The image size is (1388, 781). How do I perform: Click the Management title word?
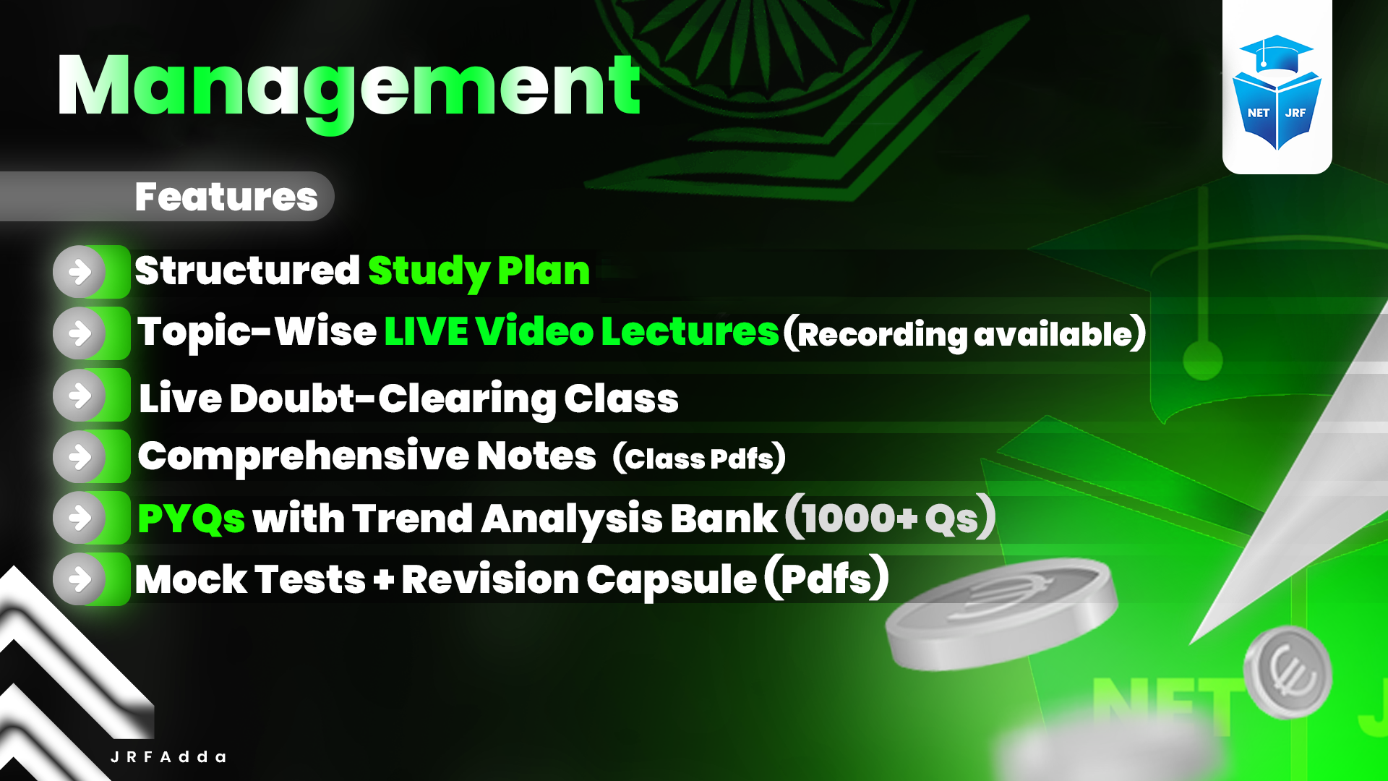tap(348, 87)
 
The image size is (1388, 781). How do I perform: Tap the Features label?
tap(226, 197)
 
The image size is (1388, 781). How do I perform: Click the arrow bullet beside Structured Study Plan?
tap(80, 272)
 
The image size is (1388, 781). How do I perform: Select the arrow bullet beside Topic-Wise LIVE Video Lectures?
tap(80, 333)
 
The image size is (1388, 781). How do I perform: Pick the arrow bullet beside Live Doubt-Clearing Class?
tap(80, 395)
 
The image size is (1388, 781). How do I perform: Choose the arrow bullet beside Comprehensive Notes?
tap(80, 456)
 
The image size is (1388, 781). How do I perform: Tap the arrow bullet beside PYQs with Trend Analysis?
tap(80, 518)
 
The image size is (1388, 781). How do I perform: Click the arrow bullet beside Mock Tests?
tap(80, 579)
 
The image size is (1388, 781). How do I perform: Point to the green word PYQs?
tap(192, 518)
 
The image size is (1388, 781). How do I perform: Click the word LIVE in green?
tap(426, 332)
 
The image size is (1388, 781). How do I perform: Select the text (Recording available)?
tap(964, 333)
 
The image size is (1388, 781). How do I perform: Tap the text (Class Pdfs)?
tap(699, 458)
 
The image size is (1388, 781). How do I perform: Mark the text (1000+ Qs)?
tap(891, 518)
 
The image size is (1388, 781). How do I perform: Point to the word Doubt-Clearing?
tap(393, 398)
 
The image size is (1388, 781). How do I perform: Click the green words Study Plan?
tap(479, 271)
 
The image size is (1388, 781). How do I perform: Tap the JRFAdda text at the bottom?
tap(168, 757)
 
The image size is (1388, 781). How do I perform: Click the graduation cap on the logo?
tap(1276, 53)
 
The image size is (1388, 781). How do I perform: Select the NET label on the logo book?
tap(1258, 113)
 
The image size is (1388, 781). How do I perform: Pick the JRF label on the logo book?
tap(1295, 113)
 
